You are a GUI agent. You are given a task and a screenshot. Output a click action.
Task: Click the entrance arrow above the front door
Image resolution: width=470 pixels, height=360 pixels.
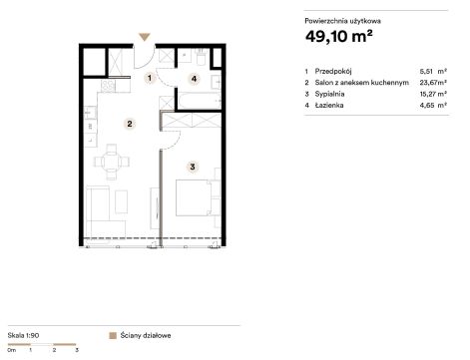tap(145, 37)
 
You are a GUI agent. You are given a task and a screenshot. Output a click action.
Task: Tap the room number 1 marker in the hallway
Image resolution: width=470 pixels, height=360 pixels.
tap(150, 78)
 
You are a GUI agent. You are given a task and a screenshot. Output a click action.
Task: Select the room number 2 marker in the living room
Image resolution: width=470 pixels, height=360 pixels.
tap(130, 124)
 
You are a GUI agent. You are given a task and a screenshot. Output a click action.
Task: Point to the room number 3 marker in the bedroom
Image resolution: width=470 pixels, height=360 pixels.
tap(193, 167)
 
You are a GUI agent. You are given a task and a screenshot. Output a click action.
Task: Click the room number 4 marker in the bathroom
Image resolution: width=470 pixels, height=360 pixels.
tap(194, 79)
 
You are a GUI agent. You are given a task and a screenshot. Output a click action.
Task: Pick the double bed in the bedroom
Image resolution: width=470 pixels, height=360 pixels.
tap(194, 197)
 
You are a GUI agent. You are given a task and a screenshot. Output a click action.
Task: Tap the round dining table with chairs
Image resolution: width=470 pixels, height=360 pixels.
tap(112, 162)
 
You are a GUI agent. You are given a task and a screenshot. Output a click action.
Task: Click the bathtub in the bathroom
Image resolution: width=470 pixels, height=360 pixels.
tap(200, 101)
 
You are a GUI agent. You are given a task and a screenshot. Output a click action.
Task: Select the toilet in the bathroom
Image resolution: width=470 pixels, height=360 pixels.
tap(202, 57)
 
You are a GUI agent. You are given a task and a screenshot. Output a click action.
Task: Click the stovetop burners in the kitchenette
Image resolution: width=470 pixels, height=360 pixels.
tap(108, 86)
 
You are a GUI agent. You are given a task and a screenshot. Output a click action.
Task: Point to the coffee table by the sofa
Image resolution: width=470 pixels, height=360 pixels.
tap(122, 201)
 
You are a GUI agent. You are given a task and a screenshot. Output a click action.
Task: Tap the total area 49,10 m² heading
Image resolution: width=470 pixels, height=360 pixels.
tap(338, 36)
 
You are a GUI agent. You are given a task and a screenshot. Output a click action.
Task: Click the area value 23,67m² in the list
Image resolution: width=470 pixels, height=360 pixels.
tap(433, 83)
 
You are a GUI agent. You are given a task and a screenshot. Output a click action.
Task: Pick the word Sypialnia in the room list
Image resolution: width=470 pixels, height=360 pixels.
tap(329, 94)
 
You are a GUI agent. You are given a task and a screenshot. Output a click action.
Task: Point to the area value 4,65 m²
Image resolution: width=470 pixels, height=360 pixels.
tap(433, 106)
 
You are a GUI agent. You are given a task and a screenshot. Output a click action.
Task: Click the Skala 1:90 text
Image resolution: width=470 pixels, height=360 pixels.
tap(23, 335)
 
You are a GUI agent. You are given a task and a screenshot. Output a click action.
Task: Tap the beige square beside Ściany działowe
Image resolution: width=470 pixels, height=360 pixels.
tap(113, 335)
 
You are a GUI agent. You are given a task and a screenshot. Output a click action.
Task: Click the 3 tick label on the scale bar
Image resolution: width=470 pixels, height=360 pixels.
tap(77, 350)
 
